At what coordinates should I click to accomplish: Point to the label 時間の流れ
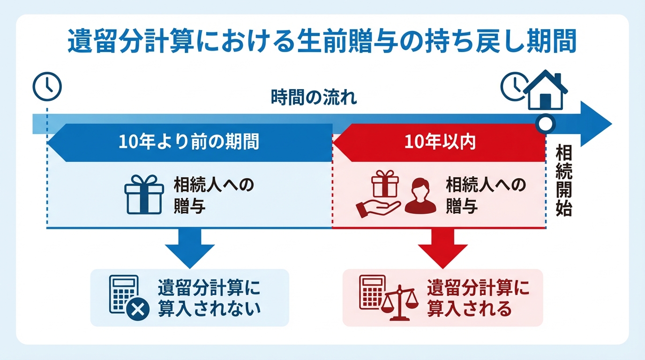click(314, 98)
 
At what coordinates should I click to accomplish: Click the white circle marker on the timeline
click(545, 124)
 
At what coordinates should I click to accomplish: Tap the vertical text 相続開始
click(563, 180)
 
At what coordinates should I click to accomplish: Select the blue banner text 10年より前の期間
click(188, 142)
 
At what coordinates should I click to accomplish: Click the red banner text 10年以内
click(440, 142)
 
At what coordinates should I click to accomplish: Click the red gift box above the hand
click(384, 183)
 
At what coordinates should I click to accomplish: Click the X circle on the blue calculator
click(138, 310)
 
